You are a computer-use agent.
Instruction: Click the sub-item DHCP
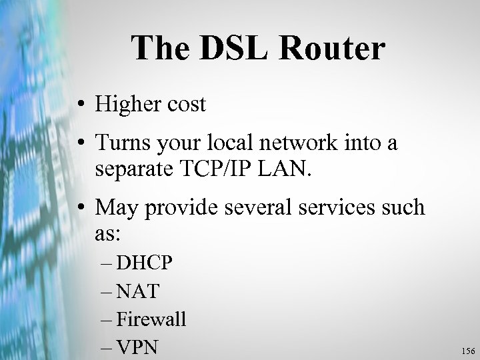[145, 263]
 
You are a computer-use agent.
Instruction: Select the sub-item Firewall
[151, 319]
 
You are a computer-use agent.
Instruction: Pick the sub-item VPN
[138, 347]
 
